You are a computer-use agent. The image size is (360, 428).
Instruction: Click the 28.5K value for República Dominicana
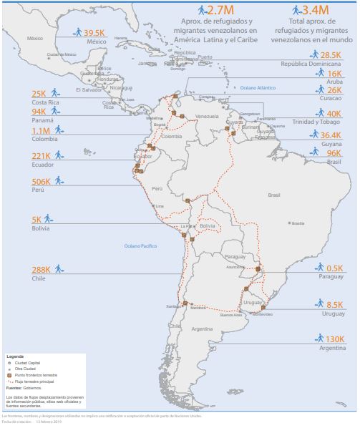pyautogui.click(x=330, y=55)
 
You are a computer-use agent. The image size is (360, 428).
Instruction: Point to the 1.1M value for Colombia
pyautogui.click(x=41, y=131)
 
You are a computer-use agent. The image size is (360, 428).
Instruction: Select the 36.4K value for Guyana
pyautogui.click(x=330, y=135)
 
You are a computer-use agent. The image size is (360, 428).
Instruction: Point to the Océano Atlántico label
pyautogui.click(x=258, y=87)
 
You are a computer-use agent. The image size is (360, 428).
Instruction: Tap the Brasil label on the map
pyautogui.click(x=273, y=195)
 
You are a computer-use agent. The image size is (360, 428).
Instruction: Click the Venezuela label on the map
pyautogui.click(x=206, y=116)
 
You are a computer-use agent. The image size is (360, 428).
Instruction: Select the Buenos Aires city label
pyautogui.click(x=231, y=314)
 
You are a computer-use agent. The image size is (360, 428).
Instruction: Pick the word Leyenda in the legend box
pyautogui.click(x=15, y=356)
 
